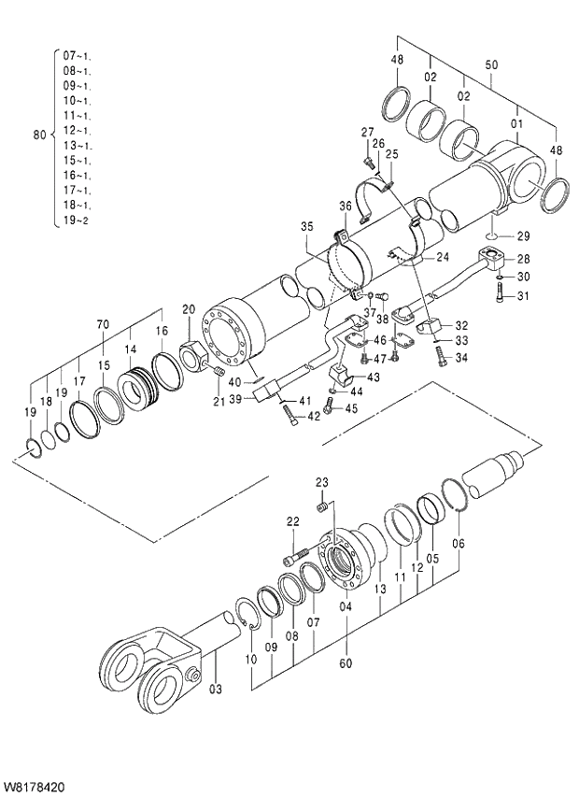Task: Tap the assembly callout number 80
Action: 39,135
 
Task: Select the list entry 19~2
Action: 77,221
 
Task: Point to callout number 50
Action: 491,65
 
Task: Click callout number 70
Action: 103,324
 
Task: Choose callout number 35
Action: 307,226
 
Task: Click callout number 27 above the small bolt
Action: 367,132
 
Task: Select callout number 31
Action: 522,298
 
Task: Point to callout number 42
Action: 315,417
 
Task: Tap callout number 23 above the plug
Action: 322,482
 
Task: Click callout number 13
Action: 381,591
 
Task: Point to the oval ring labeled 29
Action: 495,235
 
